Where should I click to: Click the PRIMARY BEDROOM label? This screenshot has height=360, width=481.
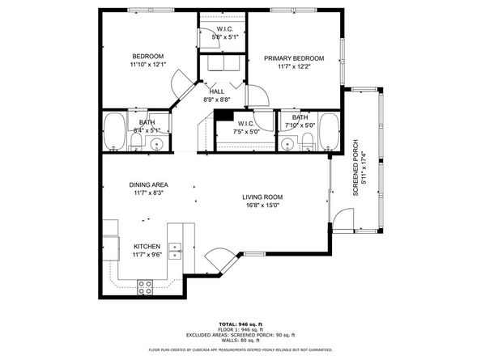point(294,58)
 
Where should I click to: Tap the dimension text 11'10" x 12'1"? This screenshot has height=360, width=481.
point(148,65)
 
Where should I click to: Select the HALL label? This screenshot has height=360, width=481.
point(216,91)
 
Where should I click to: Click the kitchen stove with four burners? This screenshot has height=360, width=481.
point(146,284)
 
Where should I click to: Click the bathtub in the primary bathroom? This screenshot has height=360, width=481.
point(328,131)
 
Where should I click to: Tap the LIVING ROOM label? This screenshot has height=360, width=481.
point(262,197)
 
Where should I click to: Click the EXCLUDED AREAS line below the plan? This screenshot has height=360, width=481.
point(240,334)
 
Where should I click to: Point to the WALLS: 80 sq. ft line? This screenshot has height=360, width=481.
point(240,341)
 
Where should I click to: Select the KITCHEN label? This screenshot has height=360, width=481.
point(147,246)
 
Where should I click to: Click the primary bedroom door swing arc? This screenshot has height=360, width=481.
point(258,96)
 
